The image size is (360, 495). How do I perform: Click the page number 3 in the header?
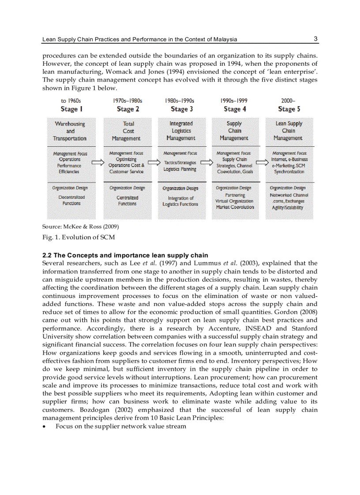tap(315, 39)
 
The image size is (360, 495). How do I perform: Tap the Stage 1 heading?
tap(71, 109)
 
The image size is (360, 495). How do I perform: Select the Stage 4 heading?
tap(235, 109)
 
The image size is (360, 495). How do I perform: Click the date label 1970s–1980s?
tap(127, 101)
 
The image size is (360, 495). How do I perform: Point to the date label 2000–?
tap(289, 101)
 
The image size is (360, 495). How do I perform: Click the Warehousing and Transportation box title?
tap(70, 131)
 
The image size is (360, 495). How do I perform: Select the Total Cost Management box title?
tap(127, 131)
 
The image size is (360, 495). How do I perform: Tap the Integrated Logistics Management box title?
tap(181, 131)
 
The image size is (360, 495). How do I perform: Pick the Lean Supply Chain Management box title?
tap(289, 131)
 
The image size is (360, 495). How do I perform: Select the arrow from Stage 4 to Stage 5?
tap(262, 163)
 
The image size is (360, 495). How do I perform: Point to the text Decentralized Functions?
tap(71, 200)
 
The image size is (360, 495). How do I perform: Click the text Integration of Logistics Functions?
tap(181, 201)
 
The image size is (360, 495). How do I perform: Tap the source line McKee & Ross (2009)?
tap(80, 227)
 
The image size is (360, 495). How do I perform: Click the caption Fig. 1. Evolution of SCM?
tap(79, 238)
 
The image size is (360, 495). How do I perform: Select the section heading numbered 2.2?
tap(125, 255)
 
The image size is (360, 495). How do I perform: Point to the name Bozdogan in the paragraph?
tap(58, 410)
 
